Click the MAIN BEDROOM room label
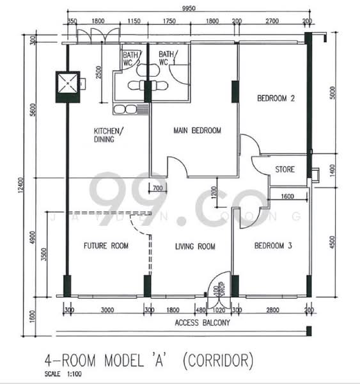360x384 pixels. [x=197, y=131]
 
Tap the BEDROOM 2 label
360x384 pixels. [x=276, y=99]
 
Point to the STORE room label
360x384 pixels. [x=285, y=170]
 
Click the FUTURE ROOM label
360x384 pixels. [x=106, y=246]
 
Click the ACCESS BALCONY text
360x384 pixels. [x=203, y=323]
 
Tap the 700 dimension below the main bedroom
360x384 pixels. [x=157, y=188]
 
